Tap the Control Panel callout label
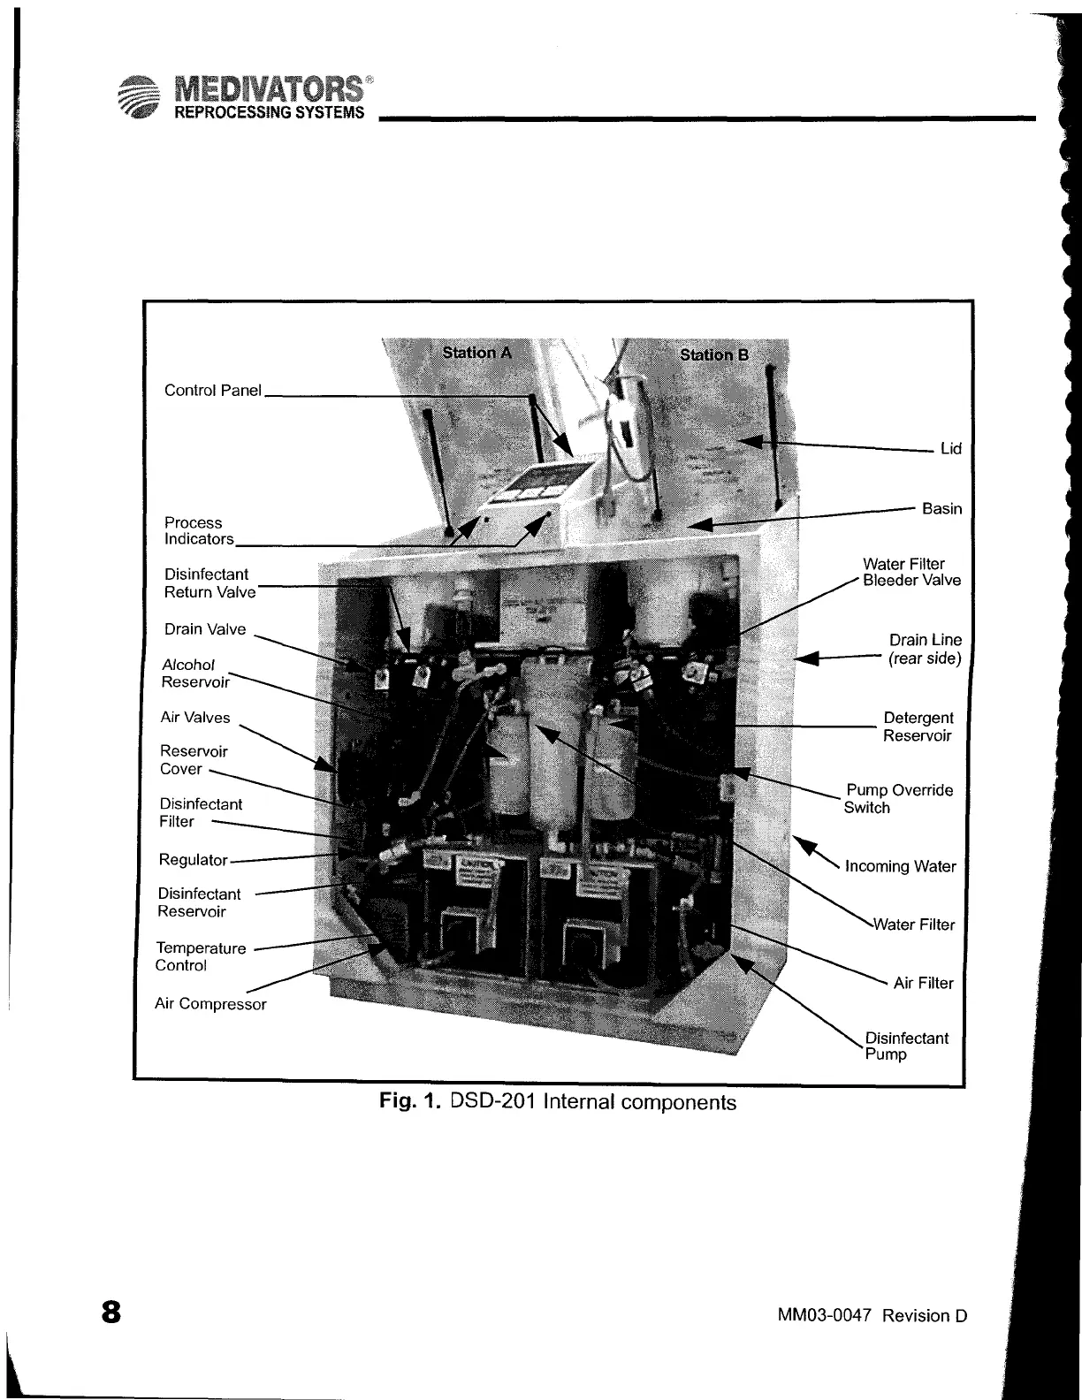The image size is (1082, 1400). pos(213,390)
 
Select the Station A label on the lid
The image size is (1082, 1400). pos(476,353)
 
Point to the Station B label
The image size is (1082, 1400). pos(714,354)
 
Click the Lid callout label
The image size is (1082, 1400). pos(950,448)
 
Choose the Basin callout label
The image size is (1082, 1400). pos(941,508)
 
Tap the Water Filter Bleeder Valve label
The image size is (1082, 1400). pos(911,572)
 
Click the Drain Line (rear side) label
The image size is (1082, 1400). pos(925,649)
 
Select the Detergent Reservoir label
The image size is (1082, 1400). pos(918,727)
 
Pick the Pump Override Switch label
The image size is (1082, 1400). pos(898,798)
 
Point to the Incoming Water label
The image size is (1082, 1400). pos(900,866)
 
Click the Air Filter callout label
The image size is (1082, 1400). pos(923,983)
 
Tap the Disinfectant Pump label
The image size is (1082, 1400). pos(905,1046)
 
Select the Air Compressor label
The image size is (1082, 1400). pos(210,1004)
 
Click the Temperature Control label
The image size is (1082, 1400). pos(201,956)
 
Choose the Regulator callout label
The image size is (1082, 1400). pos(193,859)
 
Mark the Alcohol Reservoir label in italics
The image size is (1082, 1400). pos(194,673)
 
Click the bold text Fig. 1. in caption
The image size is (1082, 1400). pos(410,1102)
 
